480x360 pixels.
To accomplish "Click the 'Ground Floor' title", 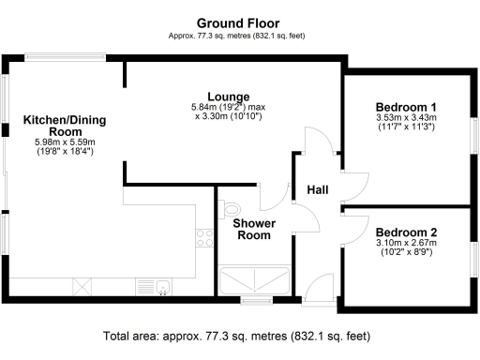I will click(237, 23).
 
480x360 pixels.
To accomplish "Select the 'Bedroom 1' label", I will click(406, 107).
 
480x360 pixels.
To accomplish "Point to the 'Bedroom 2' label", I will click(406, 232).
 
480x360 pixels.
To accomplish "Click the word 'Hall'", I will click(317, 190).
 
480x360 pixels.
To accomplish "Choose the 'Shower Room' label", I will click(253, 229).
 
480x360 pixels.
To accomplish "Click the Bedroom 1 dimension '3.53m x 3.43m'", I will click(406, 118).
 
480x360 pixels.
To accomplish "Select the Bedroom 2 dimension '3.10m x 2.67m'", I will click(406, 244).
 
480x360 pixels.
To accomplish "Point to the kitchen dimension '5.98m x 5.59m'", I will click(58, 142).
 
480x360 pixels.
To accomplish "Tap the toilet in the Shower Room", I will click(232, 208).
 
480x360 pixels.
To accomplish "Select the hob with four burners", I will click(202, 239).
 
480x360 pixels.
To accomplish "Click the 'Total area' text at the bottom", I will click(239, 335).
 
